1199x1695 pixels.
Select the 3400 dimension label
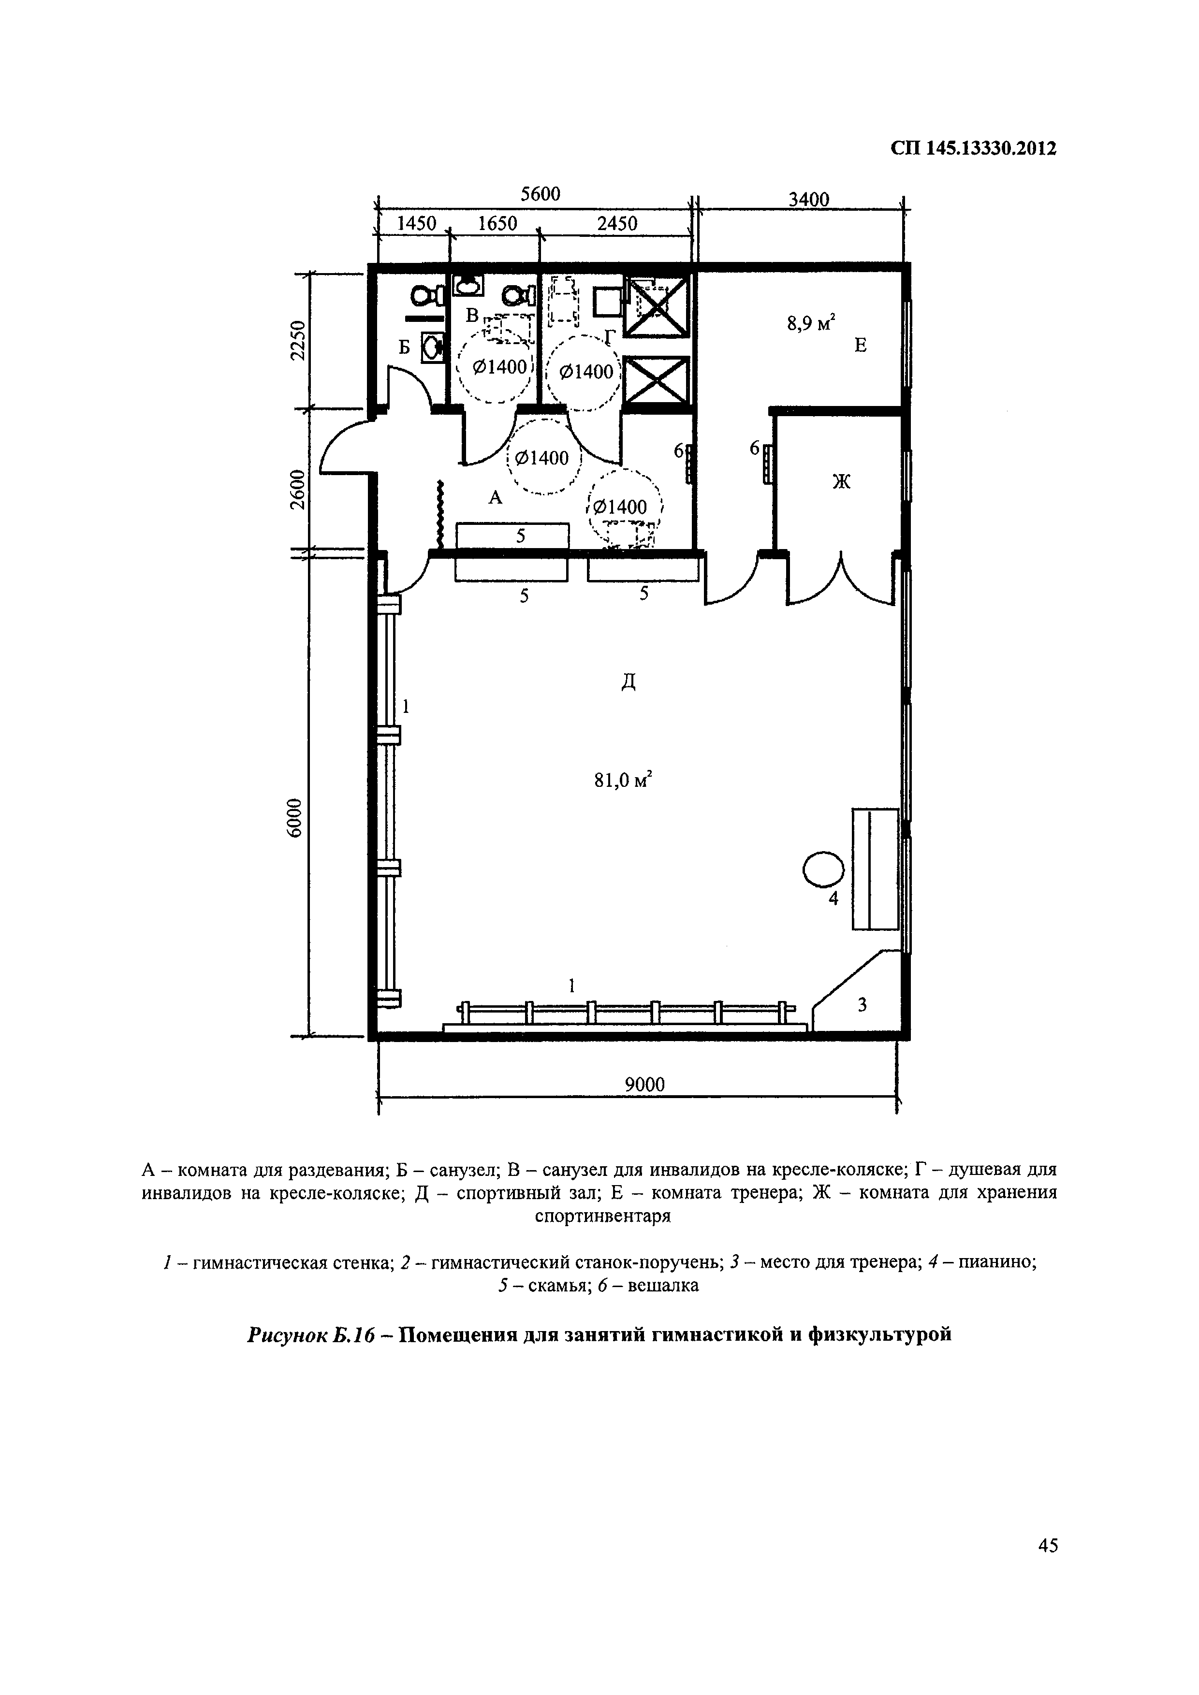pos(808,199)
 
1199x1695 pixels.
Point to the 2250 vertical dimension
pos(297,340)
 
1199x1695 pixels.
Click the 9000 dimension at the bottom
pos(644,1085)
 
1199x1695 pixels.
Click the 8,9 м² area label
pos(810,323)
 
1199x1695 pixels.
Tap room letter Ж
pos(842,482)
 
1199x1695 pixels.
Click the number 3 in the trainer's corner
pos(862,1005)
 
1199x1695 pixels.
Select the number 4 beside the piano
pos(833,899)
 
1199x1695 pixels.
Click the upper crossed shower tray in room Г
pos(657,304)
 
